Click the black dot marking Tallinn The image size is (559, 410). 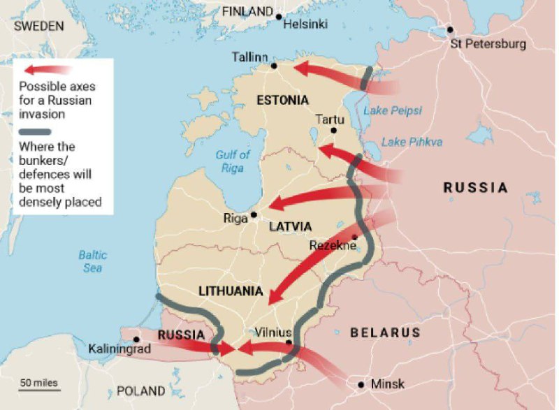[275, 66]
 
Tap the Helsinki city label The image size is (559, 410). [307, 24]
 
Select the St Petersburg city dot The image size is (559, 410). [451, 30]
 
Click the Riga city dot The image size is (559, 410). [254, 214]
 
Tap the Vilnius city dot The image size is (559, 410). [289, 342]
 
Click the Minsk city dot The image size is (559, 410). [361, 385]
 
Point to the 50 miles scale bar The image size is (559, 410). [39, 389]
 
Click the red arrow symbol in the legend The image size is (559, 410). [48, 70]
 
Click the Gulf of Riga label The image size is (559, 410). [233, 161]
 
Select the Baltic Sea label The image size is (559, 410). [92, 261]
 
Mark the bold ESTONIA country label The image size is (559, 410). [282, 100]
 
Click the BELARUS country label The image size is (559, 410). [385, 332]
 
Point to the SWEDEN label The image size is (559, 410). [39, 26]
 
